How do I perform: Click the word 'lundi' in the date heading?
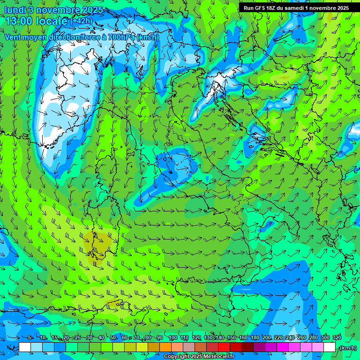[x=15, y=10]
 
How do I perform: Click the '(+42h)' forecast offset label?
[x=81, y=21]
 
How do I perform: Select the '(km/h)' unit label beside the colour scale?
[x=348, y=348]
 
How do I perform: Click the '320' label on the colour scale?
[x=337, y=338]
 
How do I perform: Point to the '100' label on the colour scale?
[x=172, y=338]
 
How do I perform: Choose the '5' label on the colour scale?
[x=30, y=338]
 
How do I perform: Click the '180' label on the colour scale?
[x=255, y=338]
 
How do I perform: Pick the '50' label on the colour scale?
[x=113, y=338]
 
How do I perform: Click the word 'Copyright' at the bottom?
[x=176, y=357]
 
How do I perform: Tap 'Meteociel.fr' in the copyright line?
[x=219, y=357]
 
